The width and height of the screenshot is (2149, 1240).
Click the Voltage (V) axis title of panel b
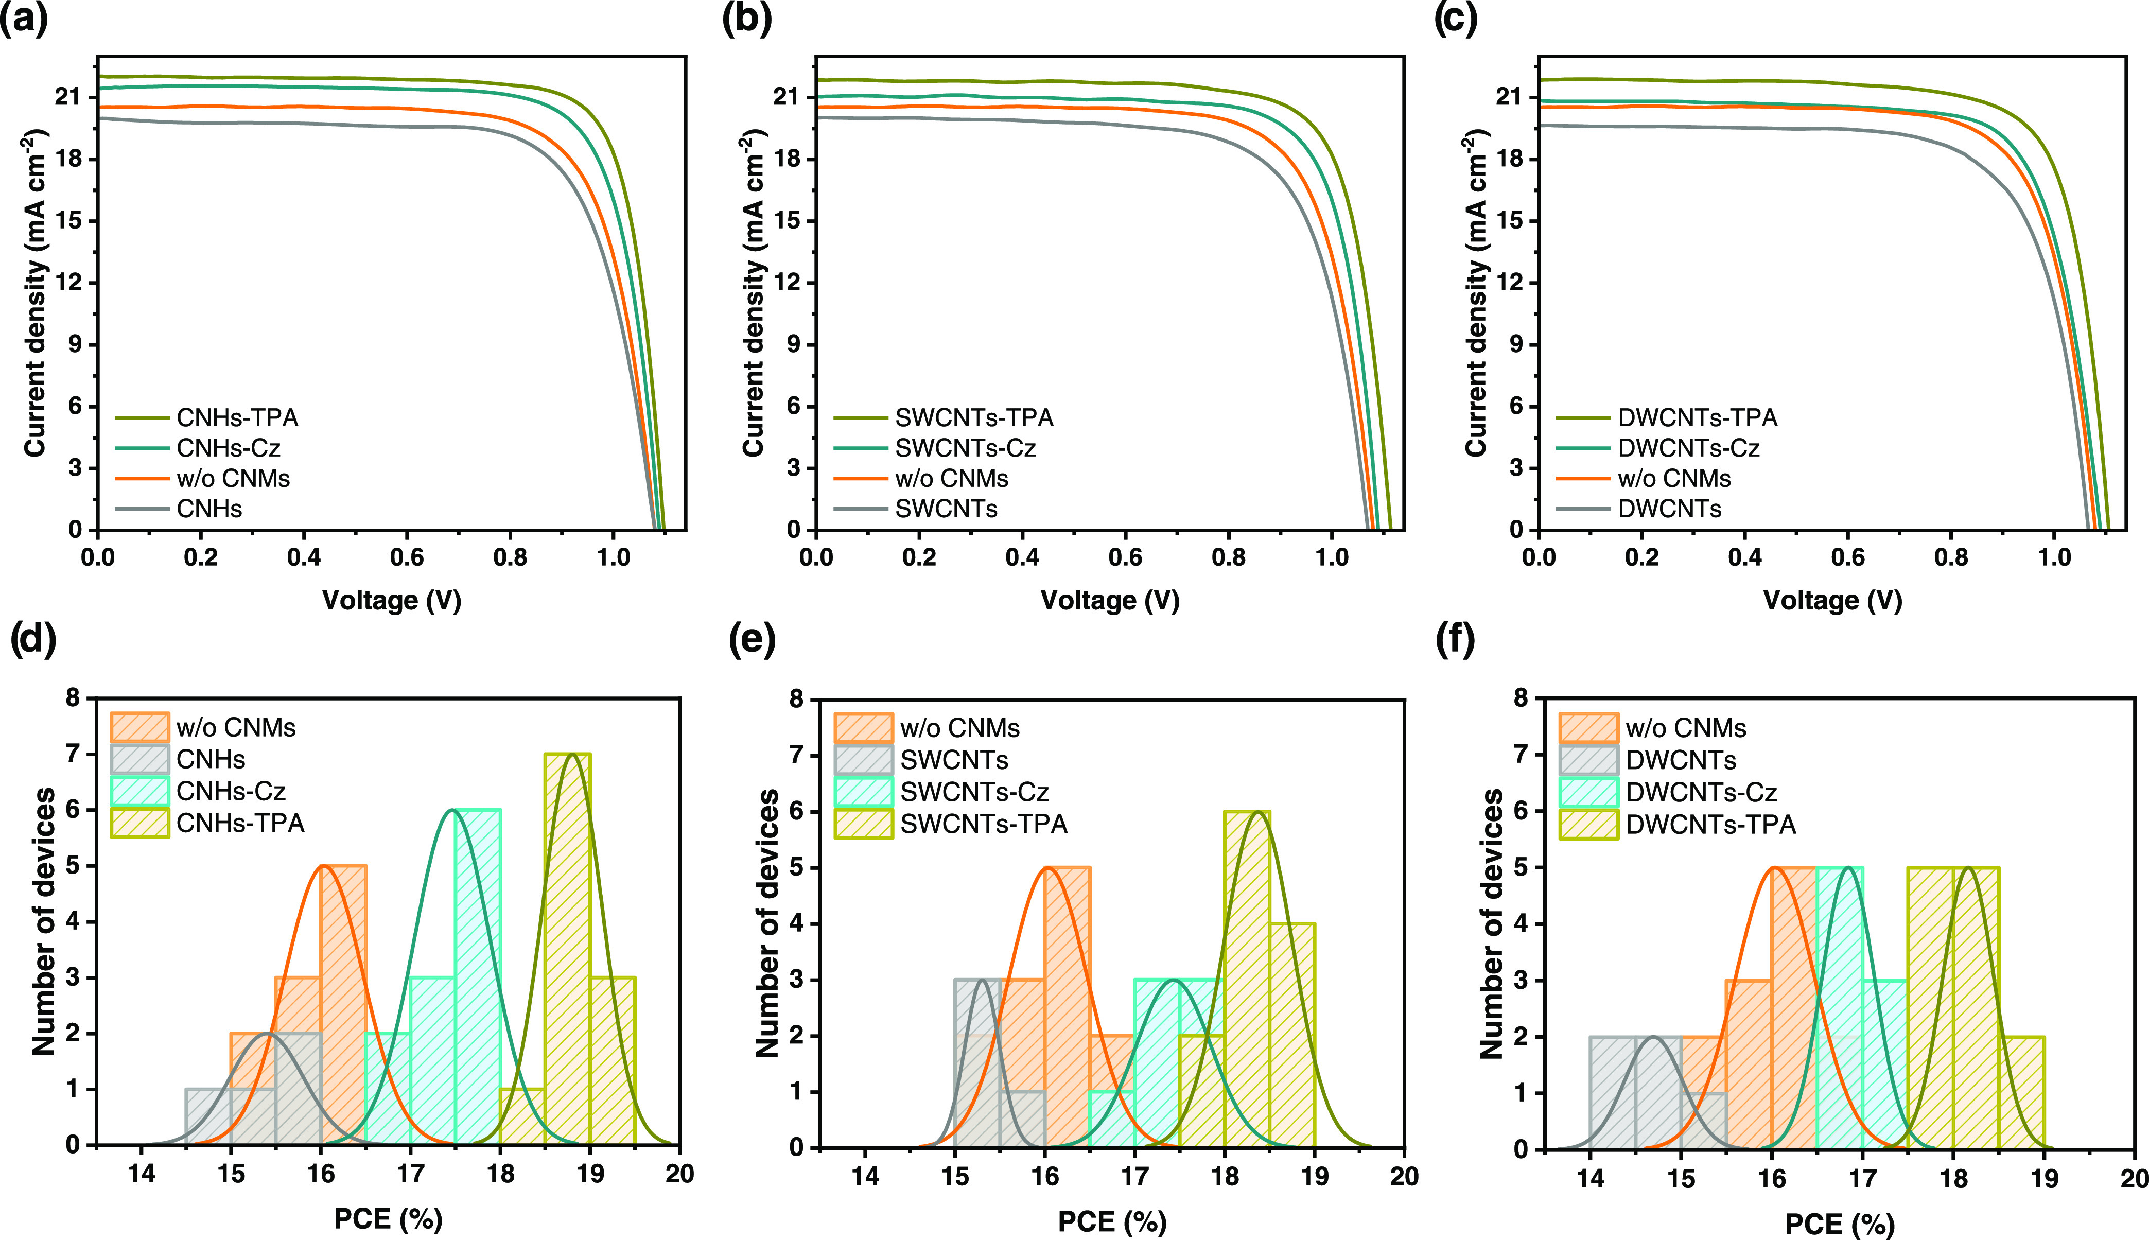click(1109, 600)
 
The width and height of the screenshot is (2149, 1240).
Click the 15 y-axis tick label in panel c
click(1508, 221)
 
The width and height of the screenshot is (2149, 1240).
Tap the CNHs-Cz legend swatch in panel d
click(139, 791)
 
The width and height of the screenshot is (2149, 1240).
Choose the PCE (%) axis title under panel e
click(1112, 1222)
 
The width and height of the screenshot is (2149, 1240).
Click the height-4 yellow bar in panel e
click(1291, 1035)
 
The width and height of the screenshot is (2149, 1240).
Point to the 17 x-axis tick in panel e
click(1134, 1177)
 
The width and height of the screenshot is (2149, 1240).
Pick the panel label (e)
click(752, 640)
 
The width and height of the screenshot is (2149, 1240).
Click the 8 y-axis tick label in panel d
click(73, 698)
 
